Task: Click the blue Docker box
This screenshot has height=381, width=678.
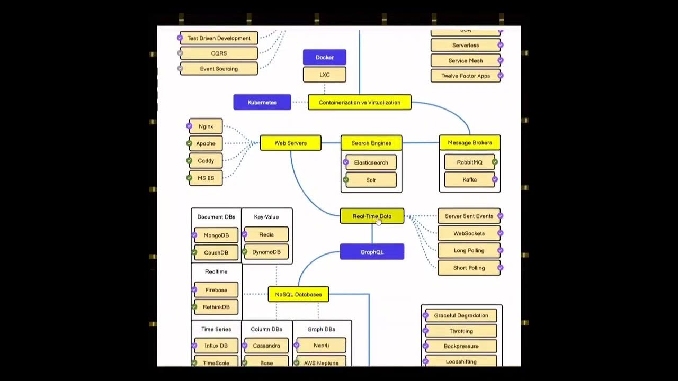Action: [x=325, y=57]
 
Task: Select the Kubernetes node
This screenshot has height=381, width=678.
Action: [x=262, y=102]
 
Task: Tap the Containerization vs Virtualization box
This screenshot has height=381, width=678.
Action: [x=359, y=102]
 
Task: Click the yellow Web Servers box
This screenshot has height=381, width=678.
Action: [x=290, y=143]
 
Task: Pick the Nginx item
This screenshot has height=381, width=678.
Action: [x=206, y=126]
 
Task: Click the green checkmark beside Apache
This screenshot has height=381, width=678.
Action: [x=189, y=143]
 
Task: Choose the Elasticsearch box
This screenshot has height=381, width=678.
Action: [x=371, y=162]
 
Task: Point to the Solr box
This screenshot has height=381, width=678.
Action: [x=371, y=180]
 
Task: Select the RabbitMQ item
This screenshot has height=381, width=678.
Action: [x=469, y=162]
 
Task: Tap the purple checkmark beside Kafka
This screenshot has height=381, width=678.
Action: [x=495, y=179]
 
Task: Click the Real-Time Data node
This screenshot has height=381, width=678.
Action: [x=372, y=216]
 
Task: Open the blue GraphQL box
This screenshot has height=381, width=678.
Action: [x=372, y=252]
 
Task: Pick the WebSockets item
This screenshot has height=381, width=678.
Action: [x=469, y=233]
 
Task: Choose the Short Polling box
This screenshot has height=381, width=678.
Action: [x=469, y=268]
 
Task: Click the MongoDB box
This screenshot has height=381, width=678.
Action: [x=216, y=235]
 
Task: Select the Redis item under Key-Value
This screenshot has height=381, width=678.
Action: [x=266, y=234]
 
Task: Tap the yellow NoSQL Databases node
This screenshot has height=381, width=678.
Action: [x=298, y=294]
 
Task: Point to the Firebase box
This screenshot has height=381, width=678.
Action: [x=216, y=290]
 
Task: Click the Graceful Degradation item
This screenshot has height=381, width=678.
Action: [x=461, y=315]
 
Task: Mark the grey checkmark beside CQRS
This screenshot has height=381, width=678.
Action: [x=181, y=53]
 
